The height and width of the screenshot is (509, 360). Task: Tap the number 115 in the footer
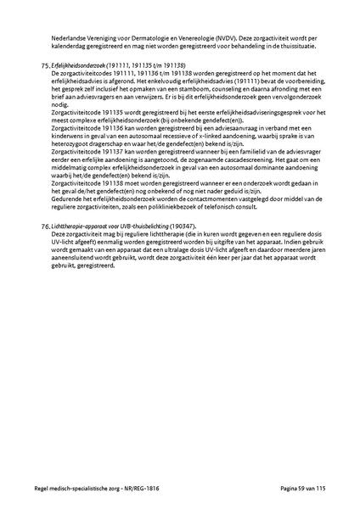point(323,490)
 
